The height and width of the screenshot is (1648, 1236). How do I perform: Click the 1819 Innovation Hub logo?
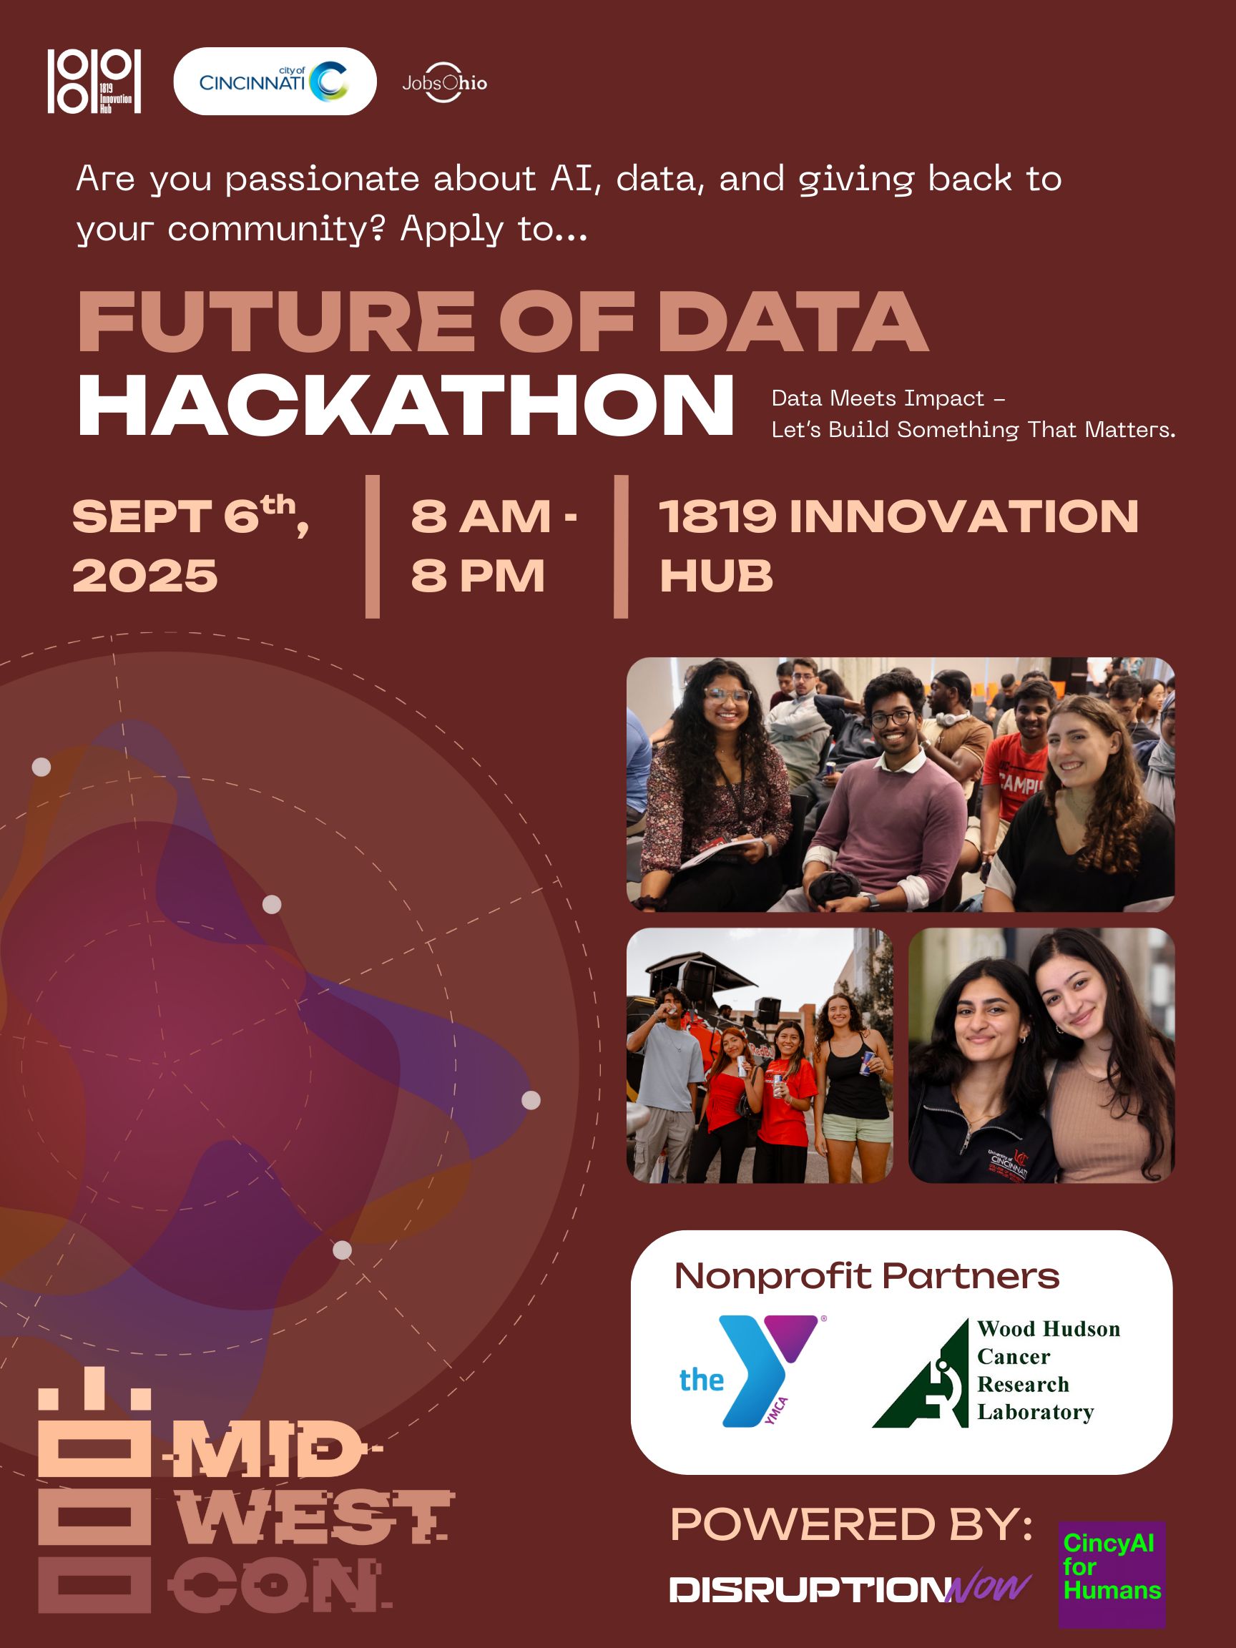coord(94,82)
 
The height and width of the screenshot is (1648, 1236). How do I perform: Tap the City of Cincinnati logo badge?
coord(275,82)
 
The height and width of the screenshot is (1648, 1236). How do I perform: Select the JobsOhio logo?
coord(445,83)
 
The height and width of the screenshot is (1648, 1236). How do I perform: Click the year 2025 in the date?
coord(144,576)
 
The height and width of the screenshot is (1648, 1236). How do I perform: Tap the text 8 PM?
coord(478,576)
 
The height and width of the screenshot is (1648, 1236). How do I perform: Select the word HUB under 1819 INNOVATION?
coord(716,576)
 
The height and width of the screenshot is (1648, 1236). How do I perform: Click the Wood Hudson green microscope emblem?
coord(921,1374)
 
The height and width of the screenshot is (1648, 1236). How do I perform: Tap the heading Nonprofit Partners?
coord(866,1276)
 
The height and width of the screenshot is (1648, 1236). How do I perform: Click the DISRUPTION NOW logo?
coord(850,1589)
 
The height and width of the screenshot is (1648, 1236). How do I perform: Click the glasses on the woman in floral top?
coord(727,695)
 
